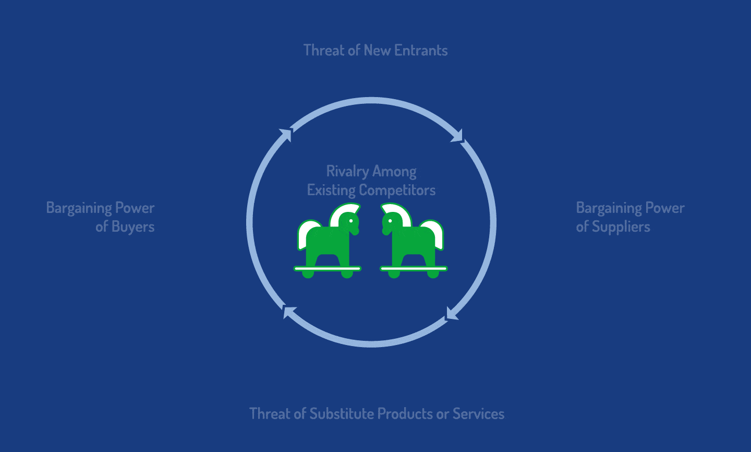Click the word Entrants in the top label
click(x=421, y=50)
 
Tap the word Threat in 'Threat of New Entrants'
click(x=324, y=50)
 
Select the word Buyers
click(x=133, y=227)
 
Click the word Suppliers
click(x=621, y=227)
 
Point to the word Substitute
click(x=342, y=413)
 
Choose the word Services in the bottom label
click(x=478, y=413)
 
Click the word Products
click(x=405, y=413)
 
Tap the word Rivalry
click(x=348, y=172)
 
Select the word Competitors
click(x=397, y=191)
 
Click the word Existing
click(x=331, y=191)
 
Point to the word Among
click(x=394, y=172)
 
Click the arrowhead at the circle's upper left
click(x=286, y=135)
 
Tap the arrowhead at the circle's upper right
click(x=457, y=136)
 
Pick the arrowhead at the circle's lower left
click(x=289, y=312)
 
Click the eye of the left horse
click(x=351, y=221)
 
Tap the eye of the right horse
click(x=390, y=221)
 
